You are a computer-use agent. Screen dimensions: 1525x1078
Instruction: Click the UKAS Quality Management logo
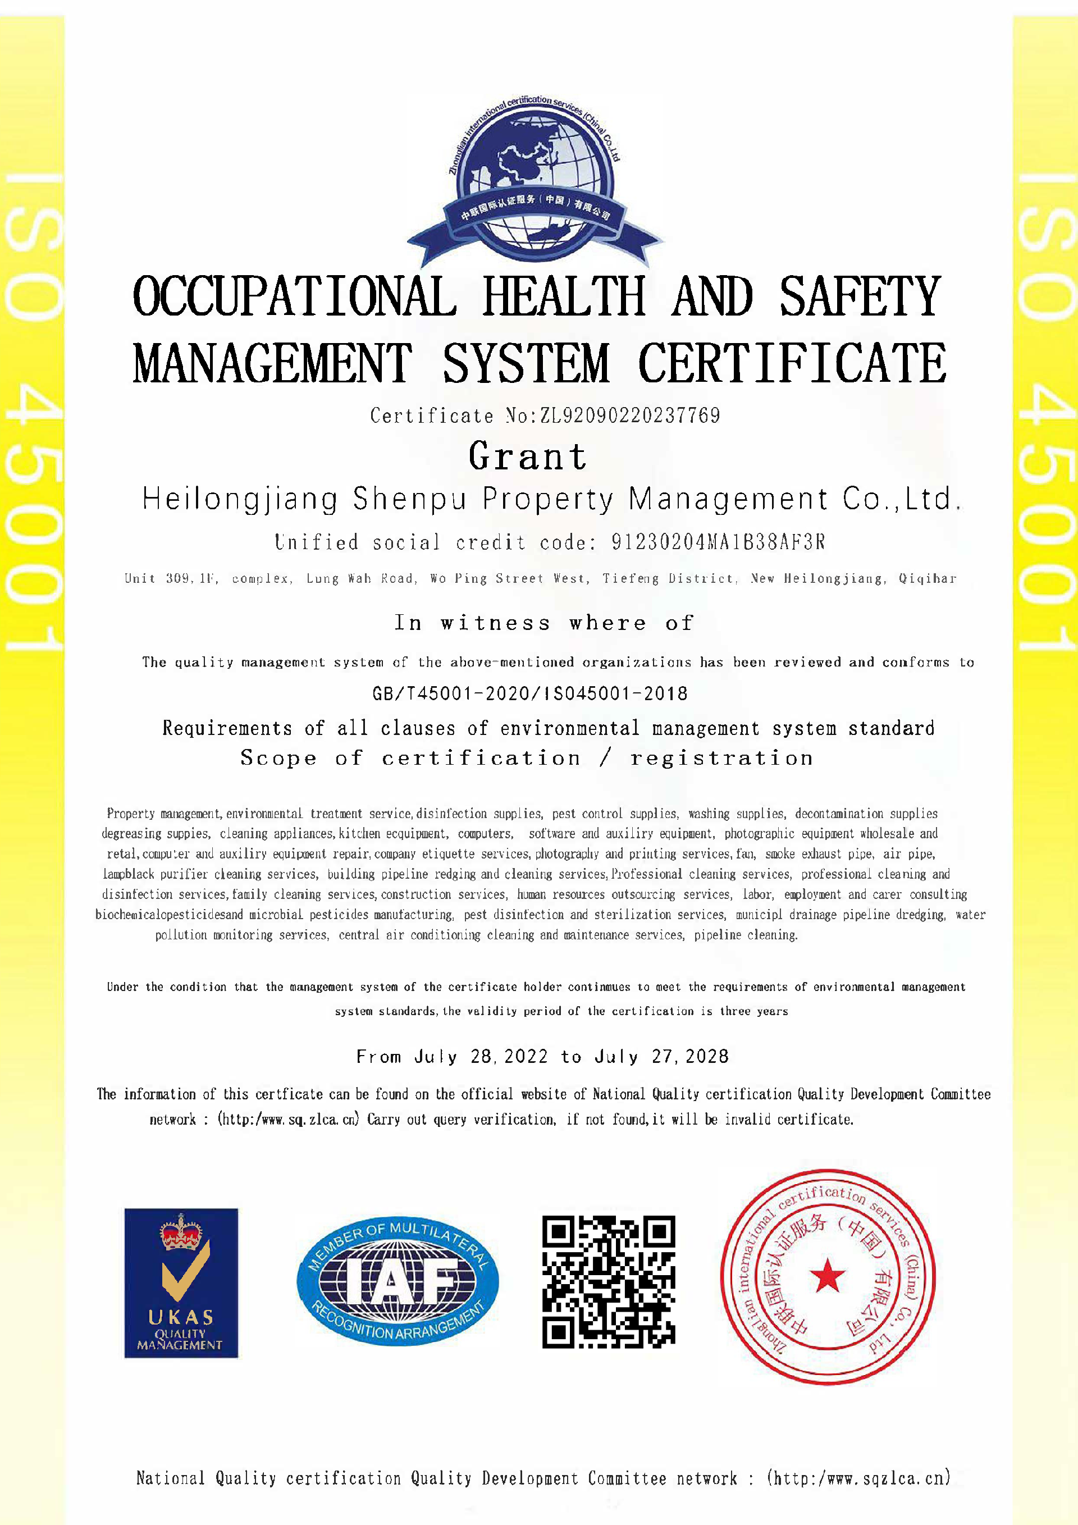tap(181, 1282)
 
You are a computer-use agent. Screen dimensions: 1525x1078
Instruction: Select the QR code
tap(609, 1282)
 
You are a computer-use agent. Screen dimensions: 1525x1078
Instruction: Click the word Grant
tap(528, 457)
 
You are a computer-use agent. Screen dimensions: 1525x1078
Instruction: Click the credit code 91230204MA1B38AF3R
tap(718, 542)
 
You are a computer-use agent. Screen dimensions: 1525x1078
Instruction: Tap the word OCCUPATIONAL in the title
tap(295, 297)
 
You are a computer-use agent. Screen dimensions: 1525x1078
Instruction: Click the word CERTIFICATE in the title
tap(792, 364)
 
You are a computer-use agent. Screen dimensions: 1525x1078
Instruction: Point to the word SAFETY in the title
tap(860, 297)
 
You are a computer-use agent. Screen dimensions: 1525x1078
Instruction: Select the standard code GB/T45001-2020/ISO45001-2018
tap(530, 694)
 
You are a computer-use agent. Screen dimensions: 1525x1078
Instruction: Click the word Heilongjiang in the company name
tap(240, 500)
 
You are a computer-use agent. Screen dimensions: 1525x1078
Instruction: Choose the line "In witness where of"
tap(544, 623)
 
